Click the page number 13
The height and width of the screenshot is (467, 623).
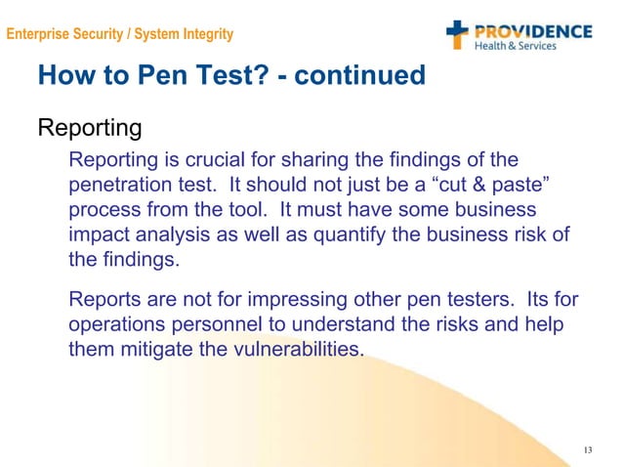point(587,449)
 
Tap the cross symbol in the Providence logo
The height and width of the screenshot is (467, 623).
point(458,34)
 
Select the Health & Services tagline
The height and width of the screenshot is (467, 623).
point(515,46)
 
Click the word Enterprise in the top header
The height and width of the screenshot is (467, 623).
point(38,35)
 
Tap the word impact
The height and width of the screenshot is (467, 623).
point(100,235)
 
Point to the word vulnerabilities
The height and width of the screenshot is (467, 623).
point(297,349)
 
